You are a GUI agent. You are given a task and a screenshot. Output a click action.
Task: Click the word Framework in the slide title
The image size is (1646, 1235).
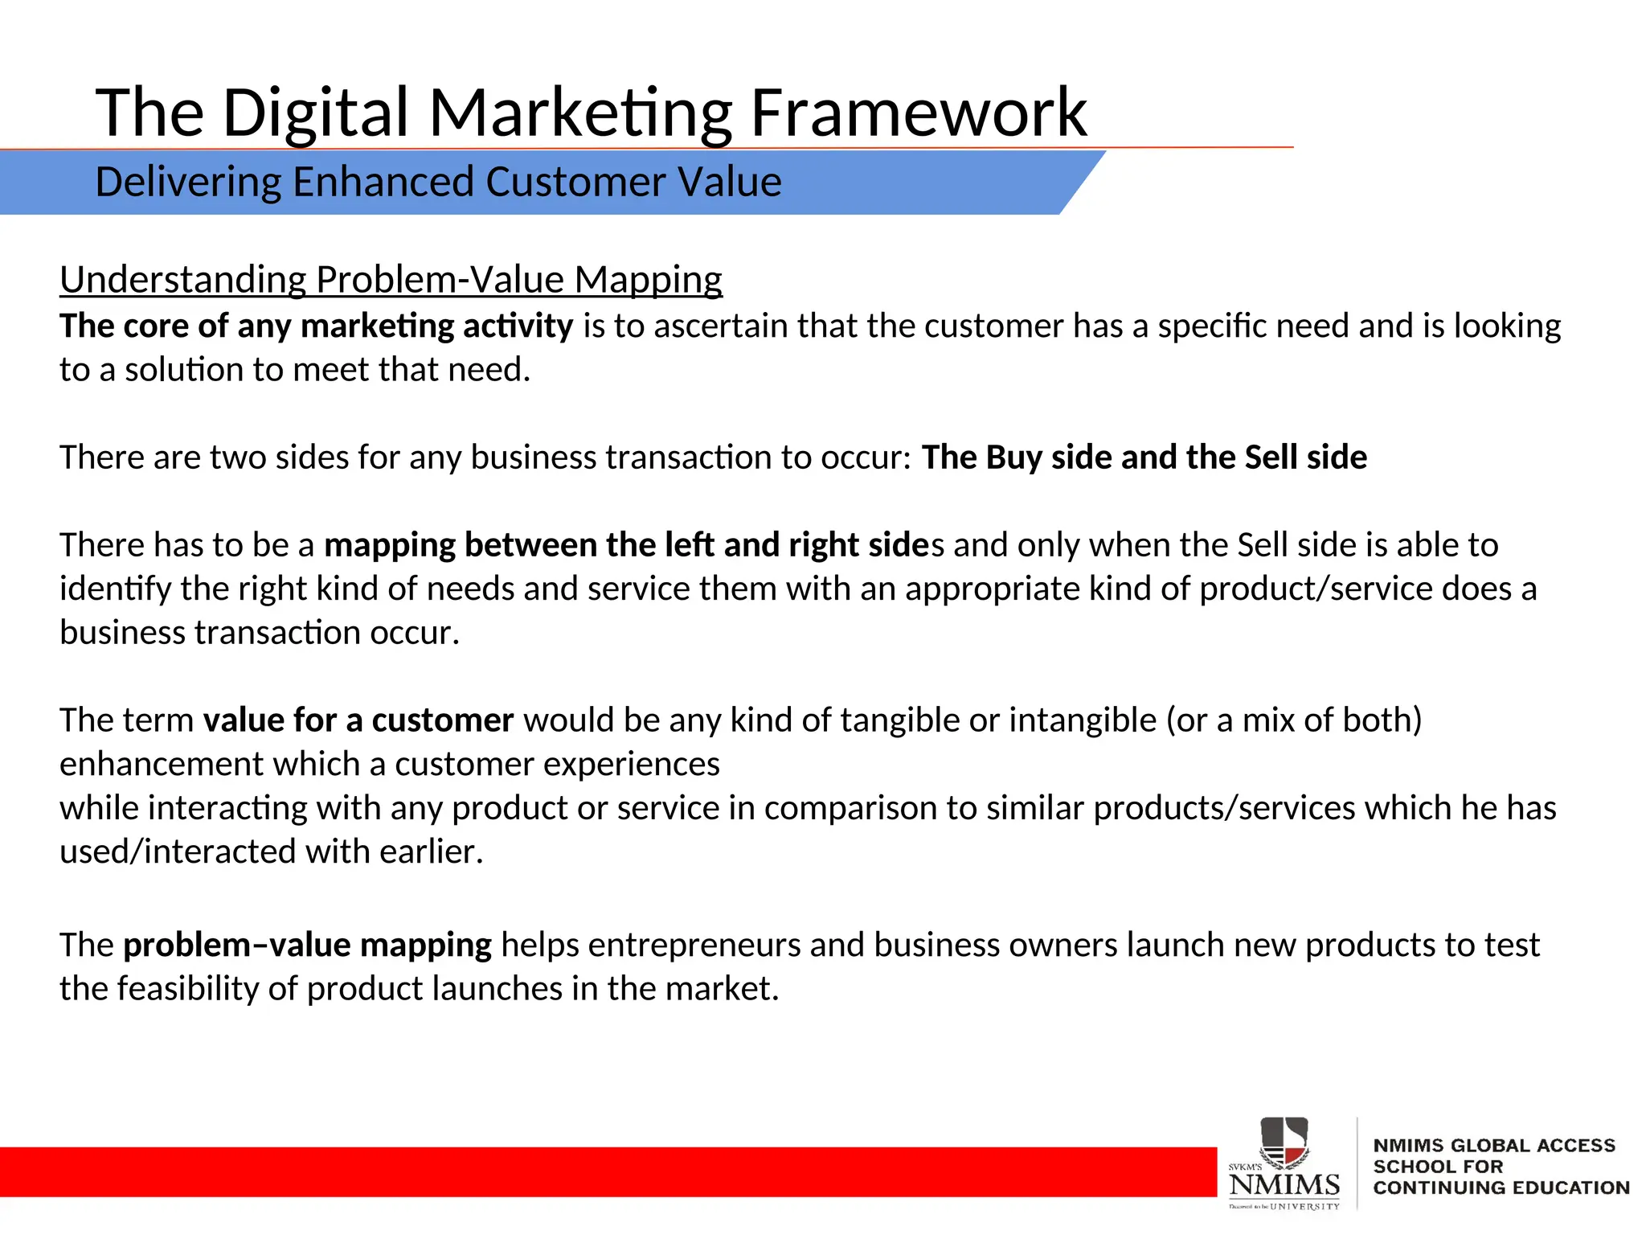pyautogui.click(x=918, y=113)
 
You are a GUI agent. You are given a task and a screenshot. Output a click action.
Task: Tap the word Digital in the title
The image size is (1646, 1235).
pyautogui.click(x=315, y=113)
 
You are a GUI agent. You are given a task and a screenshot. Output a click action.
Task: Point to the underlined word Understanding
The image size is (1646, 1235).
pyautogui.click(x=182, y=280)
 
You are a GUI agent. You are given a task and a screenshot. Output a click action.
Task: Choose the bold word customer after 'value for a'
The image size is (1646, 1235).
pyautogui.click(x=442, y=720)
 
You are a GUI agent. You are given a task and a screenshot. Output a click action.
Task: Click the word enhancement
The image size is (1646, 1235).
pyautogui.click(x=161, y=764)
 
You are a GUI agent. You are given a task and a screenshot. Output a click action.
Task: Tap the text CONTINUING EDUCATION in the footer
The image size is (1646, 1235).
pyautogui.click(x=1501, y=1188)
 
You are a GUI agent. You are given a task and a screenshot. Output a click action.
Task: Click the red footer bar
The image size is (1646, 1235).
pyautogui.click(x=603, y=1171)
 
